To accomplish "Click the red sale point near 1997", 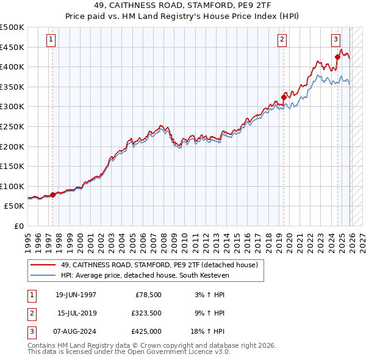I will pos(53,195).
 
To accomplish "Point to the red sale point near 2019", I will pos(284,97).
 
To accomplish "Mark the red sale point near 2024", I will pos(337,57).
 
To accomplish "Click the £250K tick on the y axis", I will pos(12,126).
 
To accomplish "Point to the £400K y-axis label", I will pos(12,67).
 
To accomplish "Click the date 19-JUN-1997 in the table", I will pos(76,294).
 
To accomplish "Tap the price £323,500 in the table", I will pos(145,313).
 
